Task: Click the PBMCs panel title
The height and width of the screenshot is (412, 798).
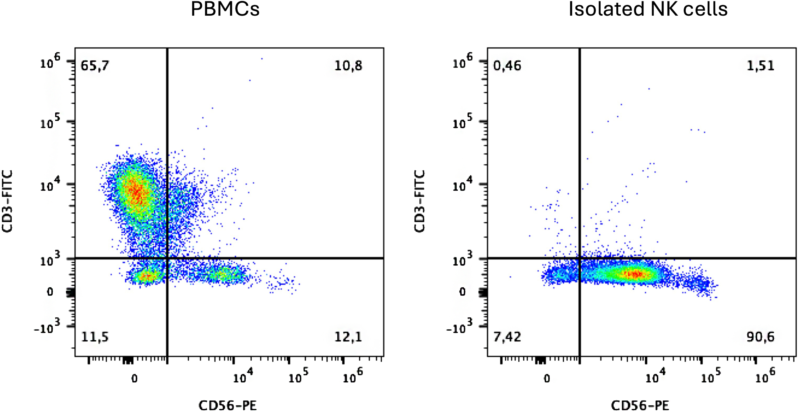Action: (x=225, y=9)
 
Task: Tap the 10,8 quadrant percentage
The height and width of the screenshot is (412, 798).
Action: (x=348, y=66)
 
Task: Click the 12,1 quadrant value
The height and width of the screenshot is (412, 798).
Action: (x=348, y=337)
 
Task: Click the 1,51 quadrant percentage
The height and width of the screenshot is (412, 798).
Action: (x=761, y=66)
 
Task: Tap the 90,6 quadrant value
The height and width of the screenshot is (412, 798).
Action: (x=761, y=337)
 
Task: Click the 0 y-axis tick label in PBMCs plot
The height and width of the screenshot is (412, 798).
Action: (x=50, y=292)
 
